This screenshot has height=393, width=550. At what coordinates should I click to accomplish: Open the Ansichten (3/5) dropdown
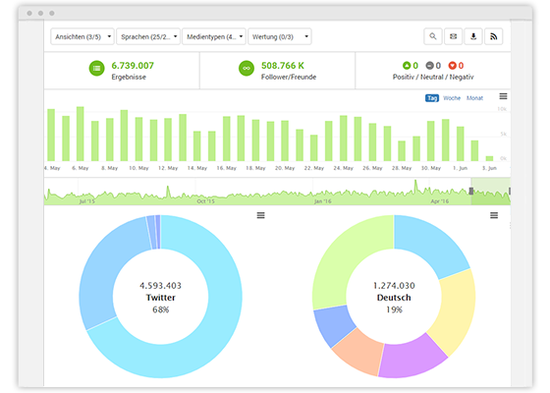[x=82, y=36]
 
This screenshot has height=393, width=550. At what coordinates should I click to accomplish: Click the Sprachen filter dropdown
[x=148, y=36]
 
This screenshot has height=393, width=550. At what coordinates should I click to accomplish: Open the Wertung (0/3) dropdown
[x=279, y=36]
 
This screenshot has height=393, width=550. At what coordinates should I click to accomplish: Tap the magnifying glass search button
[x=433, y=36]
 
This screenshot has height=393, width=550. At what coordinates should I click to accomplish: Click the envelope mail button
[x=454, y=36]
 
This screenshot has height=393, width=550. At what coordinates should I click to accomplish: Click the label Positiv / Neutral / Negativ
[x=432, y=77]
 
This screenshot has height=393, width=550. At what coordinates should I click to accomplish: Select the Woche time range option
[x=452, y=98]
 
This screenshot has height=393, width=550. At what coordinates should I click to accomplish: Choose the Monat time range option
[x=474, y=98]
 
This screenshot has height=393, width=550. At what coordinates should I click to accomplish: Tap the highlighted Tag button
[x=432, y=98]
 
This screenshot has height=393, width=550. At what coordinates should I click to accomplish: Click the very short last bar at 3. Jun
[x=489, y=157]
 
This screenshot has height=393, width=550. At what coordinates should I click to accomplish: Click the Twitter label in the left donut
[x=160, y=297]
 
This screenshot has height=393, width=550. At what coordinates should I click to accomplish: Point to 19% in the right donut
[x=394, y=309]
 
